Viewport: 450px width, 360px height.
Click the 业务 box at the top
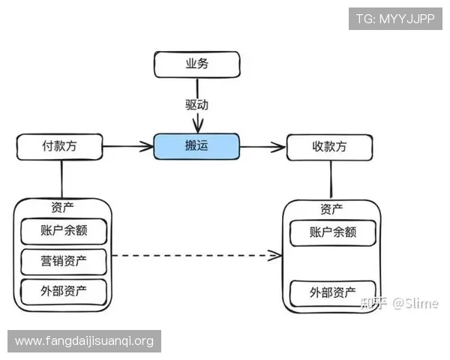pyautogui.click(x=196, y=64)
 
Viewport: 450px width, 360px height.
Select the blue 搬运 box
pyautogui.click(x=196, y=146)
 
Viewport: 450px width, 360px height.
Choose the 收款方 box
pyautogui.click(x=328, y=147)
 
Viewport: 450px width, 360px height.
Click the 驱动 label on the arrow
pyautogui.click(x=196, y=104)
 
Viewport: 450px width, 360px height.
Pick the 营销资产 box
pyautogui.click(x=64, y=261)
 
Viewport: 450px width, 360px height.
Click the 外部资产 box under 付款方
pyautogui.click(x=64, y=291)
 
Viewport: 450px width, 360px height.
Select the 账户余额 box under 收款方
pyautogui.click(x=332, y=232)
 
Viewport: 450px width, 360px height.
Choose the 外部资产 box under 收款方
pyautogui.click(x=332, y=292)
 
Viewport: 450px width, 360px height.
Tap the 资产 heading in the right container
pyautogui.click(x=332, y=208)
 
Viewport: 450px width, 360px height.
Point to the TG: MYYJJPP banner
pyautogui.click(x=394, y=18)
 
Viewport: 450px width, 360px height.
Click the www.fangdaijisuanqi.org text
pyautogui.click(x=84, y=341)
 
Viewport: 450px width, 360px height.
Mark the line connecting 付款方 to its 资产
pyautogui.click(x=61, y=179)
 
